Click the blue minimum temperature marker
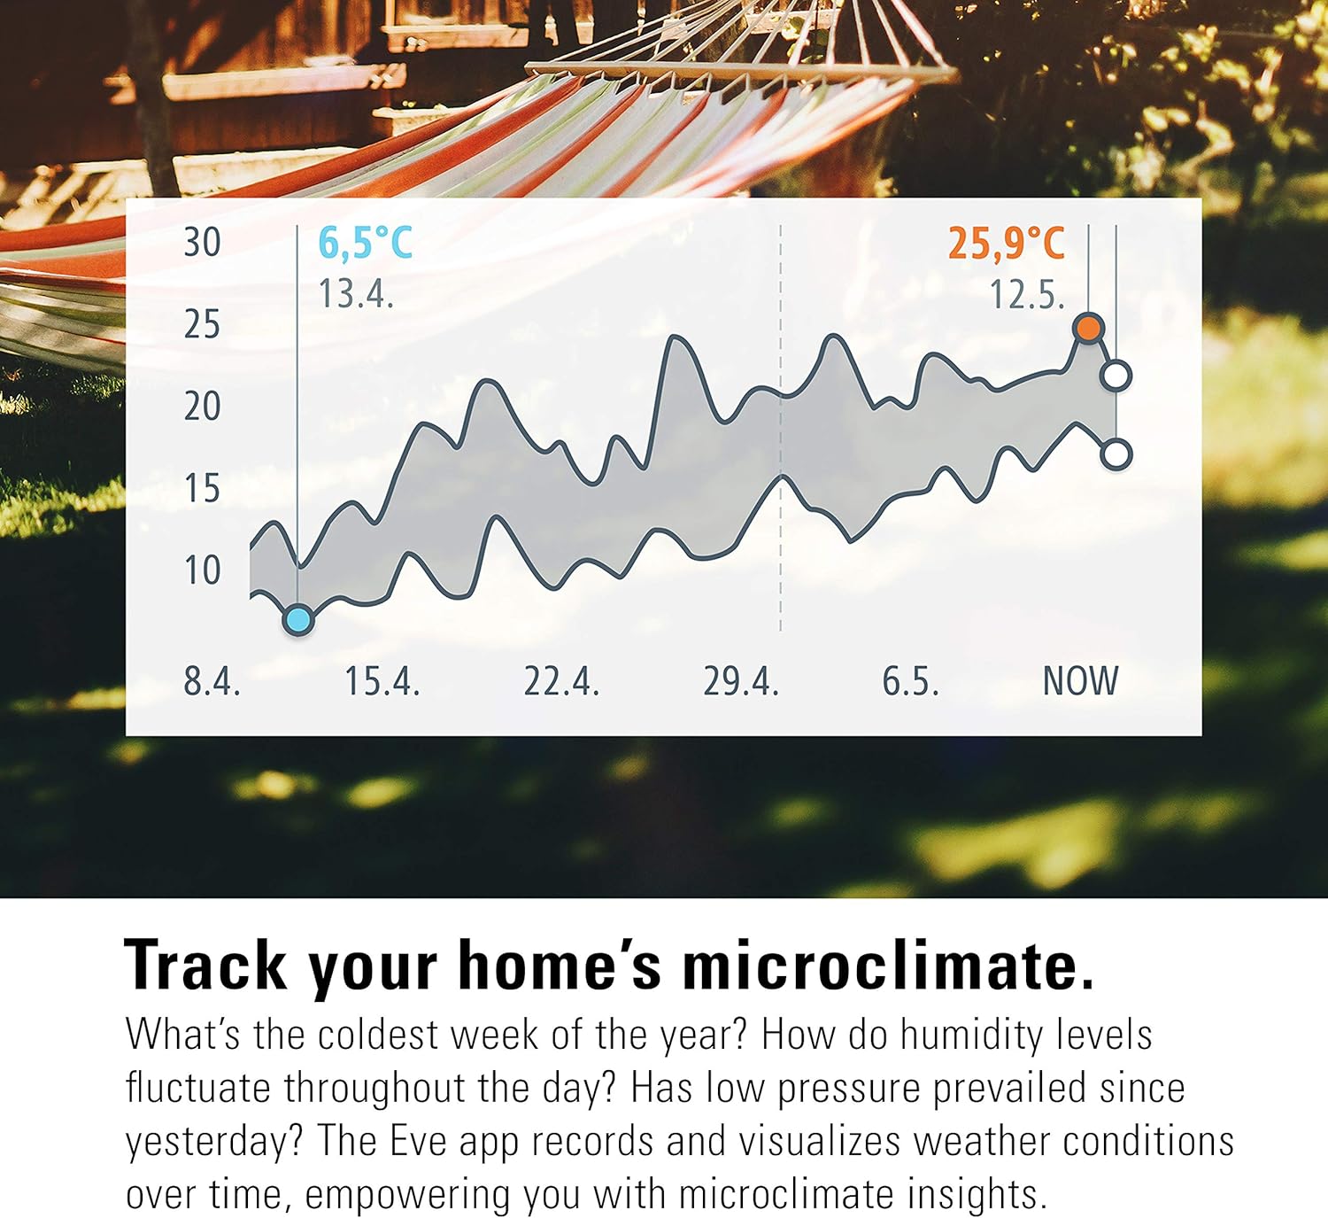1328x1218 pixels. coord(297,620)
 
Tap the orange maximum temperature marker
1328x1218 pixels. coord(1088,328)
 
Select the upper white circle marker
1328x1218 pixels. coord(1116,376)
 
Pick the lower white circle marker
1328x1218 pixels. coord(1116,454)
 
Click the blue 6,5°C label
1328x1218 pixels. coord(366,244)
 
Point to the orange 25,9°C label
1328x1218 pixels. coord(1007,244)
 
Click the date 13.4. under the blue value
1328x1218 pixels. coord(356,293)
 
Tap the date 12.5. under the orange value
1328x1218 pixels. coord(1027,294)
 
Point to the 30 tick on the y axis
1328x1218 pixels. coord(202,243)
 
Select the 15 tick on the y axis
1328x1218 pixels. coord(202,489)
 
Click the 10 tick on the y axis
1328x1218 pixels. coord(202,570)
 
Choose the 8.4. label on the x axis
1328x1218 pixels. coord(212,680)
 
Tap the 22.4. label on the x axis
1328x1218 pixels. coord(561,680)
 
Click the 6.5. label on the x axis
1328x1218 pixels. coord(910,680)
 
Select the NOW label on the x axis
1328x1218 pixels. coord(1080,680)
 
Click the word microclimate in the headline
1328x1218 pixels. coord(888,966)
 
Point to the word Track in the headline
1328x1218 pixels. coord(206,966)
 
